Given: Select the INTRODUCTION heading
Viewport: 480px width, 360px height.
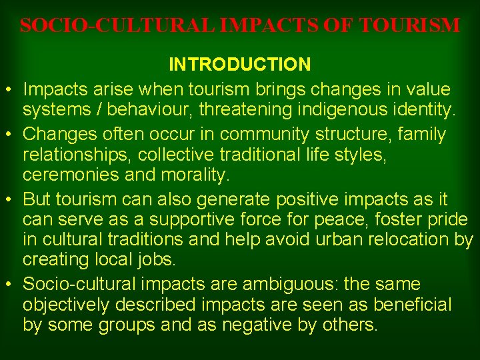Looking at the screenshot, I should tap(239, 65).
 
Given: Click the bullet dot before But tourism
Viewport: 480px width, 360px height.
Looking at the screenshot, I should tap(13, 200).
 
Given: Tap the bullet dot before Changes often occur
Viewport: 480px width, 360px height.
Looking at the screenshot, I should tap(13, 134).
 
